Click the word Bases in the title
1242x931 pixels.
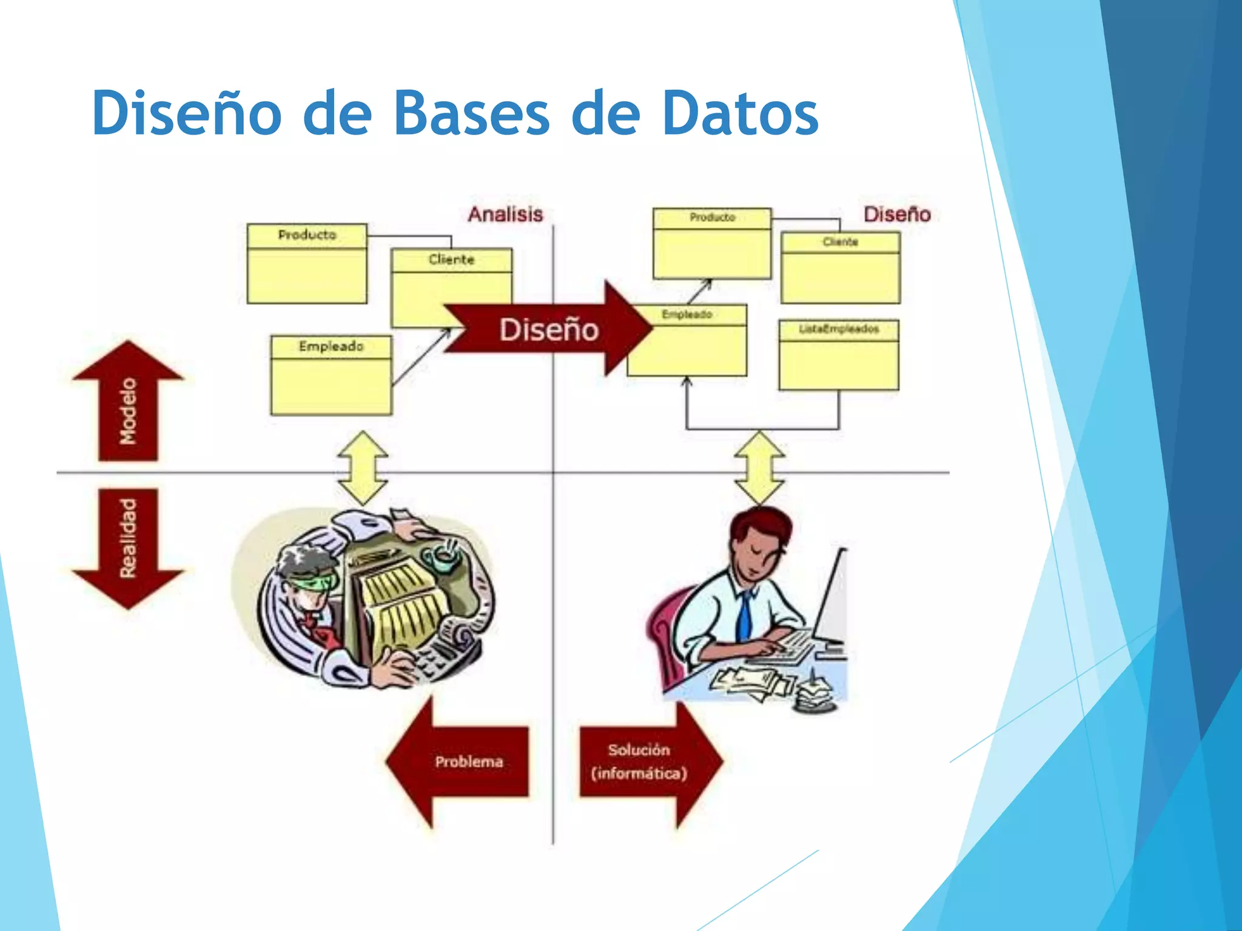pos(471,113)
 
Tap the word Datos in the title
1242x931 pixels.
pos(740,113)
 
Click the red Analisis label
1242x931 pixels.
pos(505,214)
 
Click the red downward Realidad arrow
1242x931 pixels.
pos(128,546)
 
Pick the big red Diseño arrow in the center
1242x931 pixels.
pos(549,329)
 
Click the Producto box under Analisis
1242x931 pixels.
pos(307,264)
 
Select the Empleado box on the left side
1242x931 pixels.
pos(331,376)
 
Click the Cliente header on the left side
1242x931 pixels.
pos(451,259)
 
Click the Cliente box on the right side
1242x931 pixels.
pos(841,269)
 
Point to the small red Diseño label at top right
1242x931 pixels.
pos(896,214)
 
